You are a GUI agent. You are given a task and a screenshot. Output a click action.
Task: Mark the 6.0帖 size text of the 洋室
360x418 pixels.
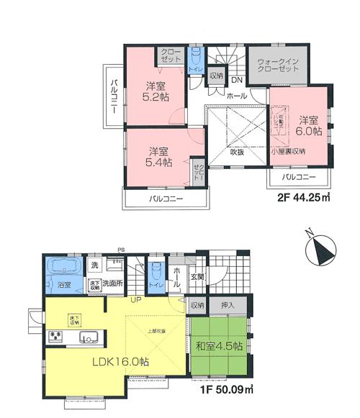click(x=308, y=132)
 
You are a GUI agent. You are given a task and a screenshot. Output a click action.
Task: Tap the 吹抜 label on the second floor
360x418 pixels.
click(x=238, y=152)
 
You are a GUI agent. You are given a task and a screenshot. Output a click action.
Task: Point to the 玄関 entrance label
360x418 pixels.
click(x=197, y=277)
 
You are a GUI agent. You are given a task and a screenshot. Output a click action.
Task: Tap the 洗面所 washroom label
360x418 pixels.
click(x=113, y=285)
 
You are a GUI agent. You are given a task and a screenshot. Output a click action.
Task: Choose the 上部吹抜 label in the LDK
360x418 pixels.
click(x=158, y=331)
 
